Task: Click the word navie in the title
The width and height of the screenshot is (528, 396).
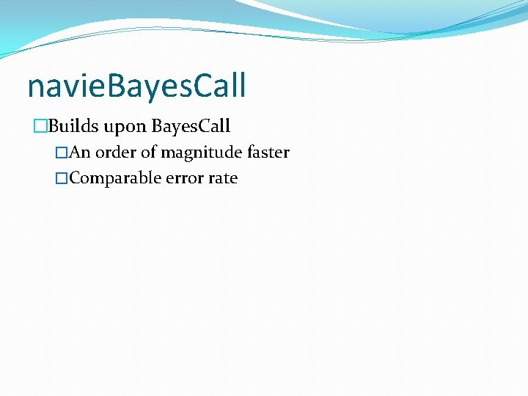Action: pyautogui.click(x=62, y=87)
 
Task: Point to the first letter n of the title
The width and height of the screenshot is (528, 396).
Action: pyautogui.click(x=35, y=88)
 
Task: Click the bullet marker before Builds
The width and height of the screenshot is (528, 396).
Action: pyautogui.click(x=40, y=127)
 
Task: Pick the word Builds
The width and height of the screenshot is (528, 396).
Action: pyautogui.click(x=73, y=126)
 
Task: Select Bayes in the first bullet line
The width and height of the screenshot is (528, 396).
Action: pyautogui.click(x=174, y=127)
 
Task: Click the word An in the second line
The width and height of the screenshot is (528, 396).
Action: pyautogui.click(x=80, y=153)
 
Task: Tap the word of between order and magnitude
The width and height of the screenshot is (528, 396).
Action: pyautogui.click(x=149, y=153)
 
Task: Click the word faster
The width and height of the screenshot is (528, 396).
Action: pyautogui.click(x=268, y=153)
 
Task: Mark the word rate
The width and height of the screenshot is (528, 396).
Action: pyautogui.click(x=223, y=178)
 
